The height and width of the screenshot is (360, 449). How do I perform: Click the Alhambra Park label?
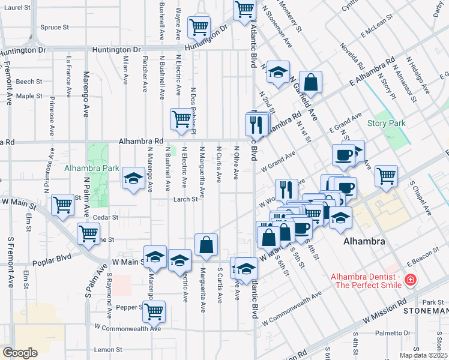pyautogui.click(x=92, y=169)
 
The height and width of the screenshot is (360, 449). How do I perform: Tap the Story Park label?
pyautogui.click(x=386, y=124)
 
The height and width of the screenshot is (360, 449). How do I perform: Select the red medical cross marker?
pyautogui.click(x=410, y=280)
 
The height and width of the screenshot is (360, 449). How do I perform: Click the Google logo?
pyautogui.click(x=20, y=353)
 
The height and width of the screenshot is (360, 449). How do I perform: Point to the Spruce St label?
pyautogui.click(x=55, y=27)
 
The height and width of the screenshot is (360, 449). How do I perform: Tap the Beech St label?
pyautogui.click(x=29, y=82)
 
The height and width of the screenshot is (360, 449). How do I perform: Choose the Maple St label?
pyautogui.click(x=29, y=95)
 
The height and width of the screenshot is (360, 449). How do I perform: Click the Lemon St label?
pyautogui.click(x=107, y=349)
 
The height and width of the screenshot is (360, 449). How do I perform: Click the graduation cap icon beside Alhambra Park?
pyautogui.click(x=133, y=178)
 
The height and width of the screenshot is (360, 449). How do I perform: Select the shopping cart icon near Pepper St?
pyautogui.click(x=154, y=311)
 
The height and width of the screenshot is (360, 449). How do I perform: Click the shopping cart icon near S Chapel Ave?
pyautogui.click(x=386, y=175)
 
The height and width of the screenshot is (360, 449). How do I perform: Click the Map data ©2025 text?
pyautogui.click(x=423, y=355)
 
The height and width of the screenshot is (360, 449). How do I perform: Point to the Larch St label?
pyautogui.click(x=185, y=199)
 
